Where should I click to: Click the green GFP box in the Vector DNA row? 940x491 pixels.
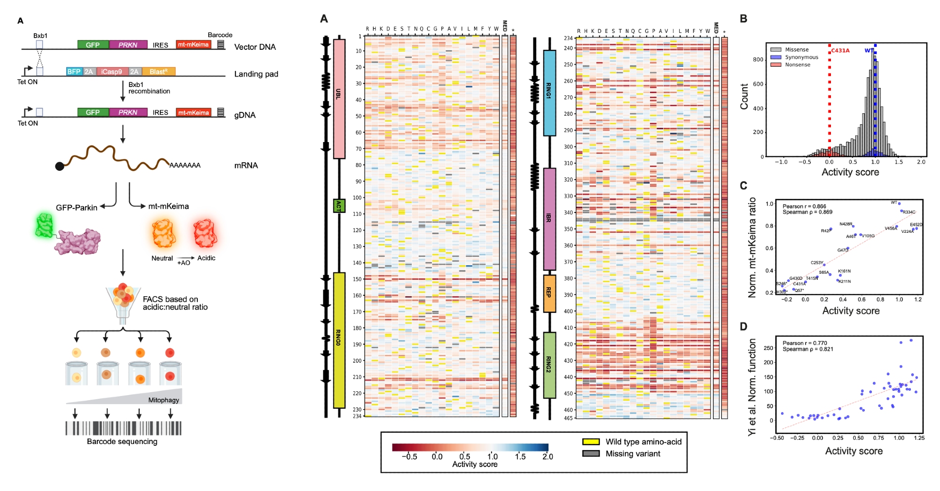click(x=93, y=45)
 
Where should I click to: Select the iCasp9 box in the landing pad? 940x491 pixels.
click(x=111, y=71)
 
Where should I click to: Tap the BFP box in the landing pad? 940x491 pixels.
click(x=74, y=71)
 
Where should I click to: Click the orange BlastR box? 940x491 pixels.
click(x=158, y=71)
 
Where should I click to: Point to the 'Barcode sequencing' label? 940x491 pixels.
click(x=122, y=442)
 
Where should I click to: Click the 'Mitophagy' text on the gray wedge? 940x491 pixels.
click(x=164, y=400)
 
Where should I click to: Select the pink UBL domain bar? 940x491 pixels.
click(x=339, y=99)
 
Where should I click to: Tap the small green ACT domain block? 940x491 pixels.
click(x=339, y=206)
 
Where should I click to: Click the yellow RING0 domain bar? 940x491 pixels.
click(x=339, y=340)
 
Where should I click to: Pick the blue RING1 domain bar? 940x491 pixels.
click(x=549, y=93)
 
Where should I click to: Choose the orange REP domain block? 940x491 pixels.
click(x=549, y=293)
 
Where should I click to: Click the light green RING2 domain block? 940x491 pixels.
click(x=549, y=365)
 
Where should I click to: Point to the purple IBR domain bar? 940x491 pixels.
click(x=549, y=219)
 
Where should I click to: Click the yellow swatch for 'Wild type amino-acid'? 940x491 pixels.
click(x=591, y=442)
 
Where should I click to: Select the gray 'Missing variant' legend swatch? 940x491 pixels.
click(x=591, y=454)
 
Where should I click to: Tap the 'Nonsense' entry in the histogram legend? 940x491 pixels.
click(x=797, y=65)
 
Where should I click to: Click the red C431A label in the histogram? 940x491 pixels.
click(x=840, y=50)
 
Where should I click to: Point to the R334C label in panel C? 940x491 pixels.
click(x=909, y=212)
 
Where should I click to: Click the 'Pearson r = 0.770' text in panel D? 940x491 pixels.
click(x=805, y=343)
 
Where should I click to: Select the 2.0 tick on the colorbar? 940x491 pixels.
click(x=548, y=457)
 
